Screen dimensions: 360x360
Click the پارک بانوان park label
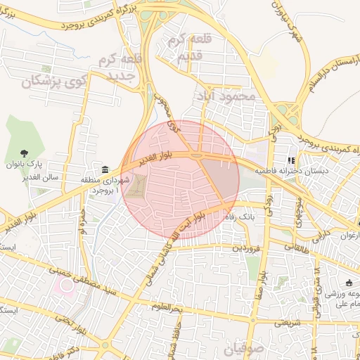click(x=25, y=165)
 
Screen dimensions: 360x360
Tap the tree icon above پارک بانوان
click(x=25, y=151)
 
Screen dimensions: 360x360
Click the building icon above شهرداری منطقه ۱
click(x=105, y=169)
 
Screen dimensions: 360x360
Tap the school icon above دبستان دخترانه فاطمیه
click(x=292, y=160)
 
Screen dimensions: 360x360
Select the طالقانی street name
click(x=297, y=247)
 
